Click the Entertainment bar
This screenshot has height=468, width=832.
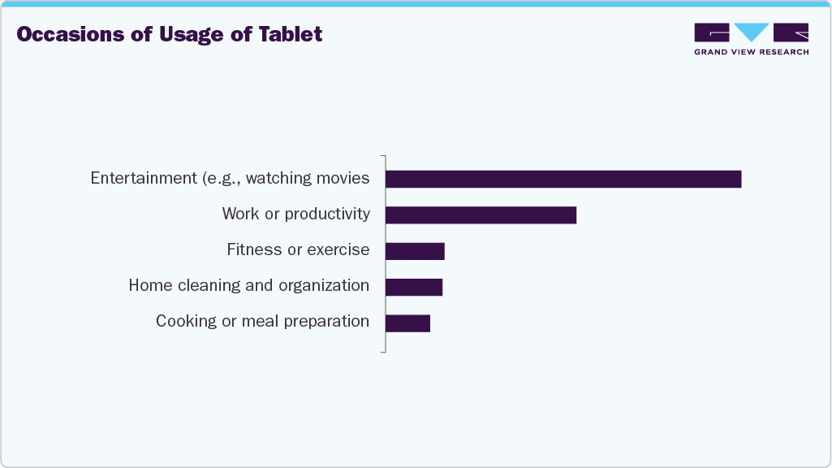point(563,179)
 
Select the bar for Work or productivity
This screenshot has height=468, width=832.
point(481,214)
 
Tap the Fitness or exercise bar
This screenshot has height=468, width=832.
point(415,251)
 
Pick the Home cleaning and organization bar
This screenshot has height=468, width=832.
point(414,287)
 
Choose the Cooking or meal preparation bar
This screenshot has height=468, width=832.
point(407,323)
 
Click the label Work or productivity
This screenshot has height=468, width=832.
point(295,214)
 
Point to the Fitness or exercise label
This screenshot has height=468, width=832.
point(298,249)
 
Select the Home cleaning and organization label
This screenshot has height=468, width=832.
point(248,285)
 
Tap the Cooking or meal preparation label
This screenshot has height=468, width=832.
point(262,321)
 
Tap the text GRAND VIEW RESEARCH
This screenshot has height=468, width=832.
point(751,52)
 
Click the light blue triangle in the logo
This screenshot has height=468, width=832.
point(752,32)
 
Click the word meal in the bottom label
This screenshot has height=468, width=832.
point(259,321)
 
